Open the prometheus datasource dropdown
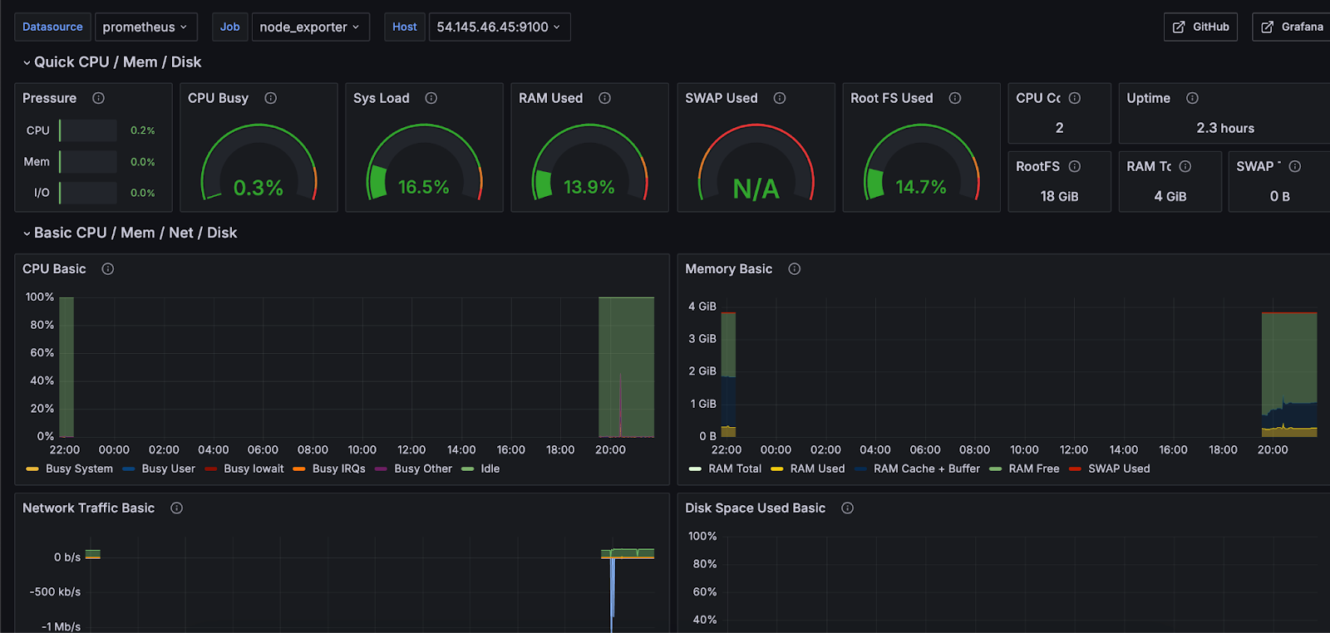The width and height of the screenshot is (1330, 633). pos(145,27)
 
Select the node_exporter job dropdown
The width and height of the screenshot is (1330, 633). pos(309,27)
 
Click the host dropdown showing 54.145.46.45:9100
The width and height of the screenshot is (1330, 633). pos(498,27)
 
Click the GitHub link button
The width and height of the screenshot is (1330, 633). pos(1200,27)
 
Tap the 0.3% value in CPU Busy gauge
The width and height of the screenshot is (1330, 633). pos(258,188)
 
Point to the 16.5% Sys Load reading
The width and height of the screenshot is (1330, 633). pos(423,187)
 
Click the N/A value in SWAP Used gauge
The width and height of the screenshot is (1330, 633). pos(756,189)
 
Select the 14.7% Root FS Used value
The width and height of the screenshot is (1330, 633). pos(920,187)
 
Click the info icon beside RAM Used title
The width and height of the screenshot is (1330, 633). pos(604,98)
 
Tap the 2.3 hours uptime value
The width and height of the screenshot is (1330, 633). pos(1224,128)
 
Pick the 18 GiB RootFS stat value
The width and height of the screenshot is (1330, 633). pos(1059,196)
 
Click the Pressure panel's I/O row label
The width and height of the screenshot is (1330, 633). pos(42,193)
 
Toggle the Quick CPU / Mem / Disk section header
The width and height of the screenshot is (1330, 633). pos(116,62)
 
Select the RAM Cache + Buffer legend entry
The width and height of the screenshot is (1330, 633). pos(926,469)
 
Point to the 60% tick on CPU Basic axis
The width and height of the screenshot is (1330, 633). pos(42,352)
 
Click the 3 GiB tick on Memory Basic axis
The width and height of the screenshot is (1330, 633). pos(702,338)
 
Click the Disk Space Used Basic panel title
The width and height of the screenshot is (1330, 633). pos(755,508)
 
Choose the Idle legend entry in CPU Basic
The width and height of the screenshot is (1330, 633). pos(490,469)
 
